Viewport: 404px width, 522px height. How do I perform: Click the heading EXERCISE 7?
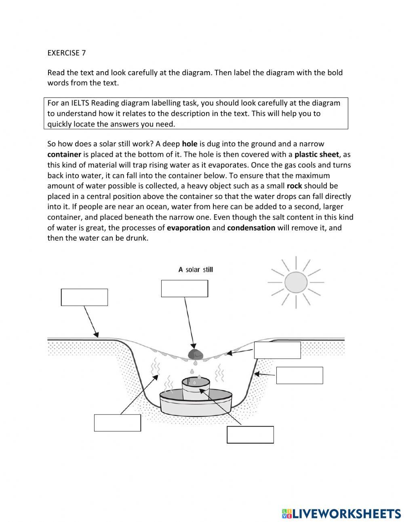point(66,53)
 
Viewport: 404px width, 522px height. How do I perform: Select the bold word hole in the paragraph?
point(189,144)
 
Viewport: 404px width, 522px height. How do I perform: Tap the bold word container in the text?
point(64,154)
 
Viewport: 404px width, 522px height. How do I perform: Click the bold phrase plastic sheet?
point(317,154)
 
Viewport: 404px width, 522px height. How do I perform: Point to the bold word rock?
point(294,186)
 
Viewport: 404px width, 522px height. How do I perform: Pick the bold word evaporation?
point(188,228)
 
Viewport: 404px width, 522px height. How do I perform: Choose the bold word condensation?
point(251,228)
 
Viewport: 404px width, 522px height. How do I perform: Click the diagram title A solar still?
point(196,270)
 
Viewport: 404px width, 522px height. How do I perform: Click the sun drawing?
point(296,282)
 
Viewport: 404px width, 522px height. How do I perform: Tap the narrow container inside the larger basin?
point(196,389)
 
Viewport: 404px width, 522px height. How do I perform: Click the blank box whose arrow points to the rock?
point(184,289)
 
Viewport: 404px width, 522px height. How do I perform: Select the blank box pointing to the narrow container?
point(250,435)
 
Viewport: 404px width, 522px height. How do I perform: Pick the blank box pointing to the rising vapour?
point(117,423)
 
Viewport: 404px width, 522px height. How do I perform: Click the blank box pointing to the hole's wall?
point(299,376)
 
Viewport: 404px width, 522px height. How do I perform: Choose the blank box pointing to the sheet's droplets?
point(277,350)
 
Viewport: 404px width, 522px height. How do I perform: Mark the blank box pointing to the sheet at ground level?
point(84,297)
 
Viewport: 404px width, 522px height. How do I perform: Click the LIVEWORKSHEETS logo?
point(341,514)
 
